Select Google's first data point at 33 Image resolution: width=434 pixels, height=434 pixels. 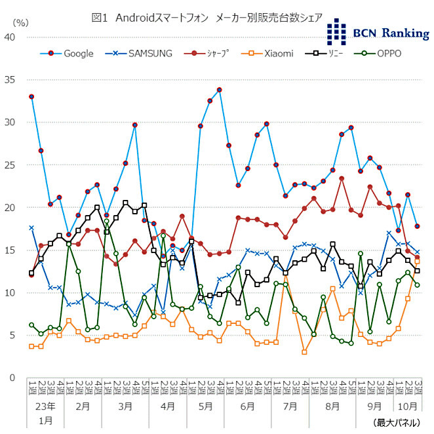coord(31,96)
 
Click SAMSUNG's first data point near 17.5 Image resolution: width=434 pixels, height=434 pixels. coord(31,228)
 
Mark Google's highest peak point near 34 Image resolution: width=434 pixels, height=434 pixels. coord(219,90)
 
